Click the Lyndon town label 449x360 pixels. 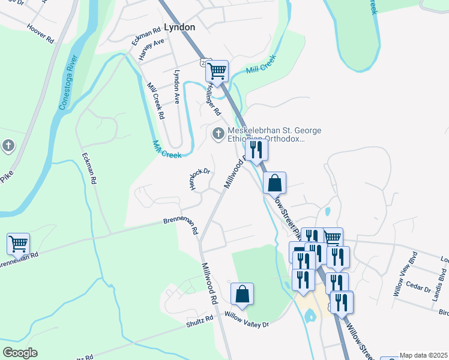tap(179, 28)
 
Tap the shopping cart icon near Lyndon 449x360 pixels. tap(217, 71)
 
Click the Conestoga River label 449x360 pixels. tap(70, 82)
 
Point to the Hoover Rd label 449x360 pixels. tap(40, 32)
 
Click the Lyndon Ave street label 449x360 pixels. tap(177, 86)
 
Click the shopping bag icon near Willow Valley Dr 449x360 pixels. tap(242, 294)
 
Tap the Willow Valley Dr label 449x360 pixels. tap(247, 320)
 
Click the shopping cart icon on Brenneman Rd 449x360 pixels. tap(18, 244)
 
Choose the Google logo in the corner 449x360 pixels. tap(20, 353)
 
